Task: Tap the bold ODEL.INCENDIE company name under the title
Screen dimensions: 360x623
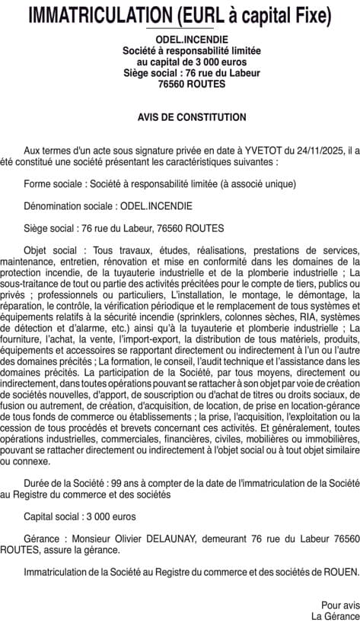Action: (x=180, y=40)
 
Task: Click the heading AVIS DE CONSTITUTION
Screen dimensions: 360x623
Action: (x=180, y=118)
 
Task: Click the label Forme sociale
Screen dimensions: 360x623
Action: (x=53, y=184)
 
